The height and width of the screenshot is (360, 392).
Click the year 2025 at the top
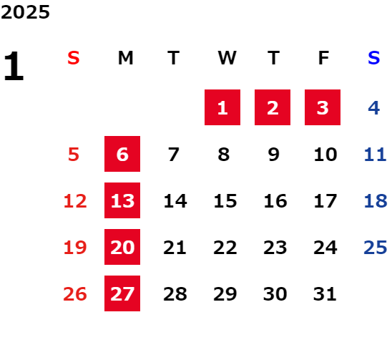(x=25, y=12)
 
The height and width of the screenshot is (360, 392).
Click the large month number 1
(x=14, y=66)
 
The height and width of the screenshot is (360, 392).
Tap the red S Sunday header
(x=74, y=58)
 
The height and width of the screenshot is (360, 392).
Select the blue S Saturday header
(x=373, y=58)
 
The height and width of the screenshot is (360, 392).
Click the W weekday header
(x=227, y=58)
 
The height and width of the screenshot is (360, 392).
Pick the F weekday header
(x=323, y=58)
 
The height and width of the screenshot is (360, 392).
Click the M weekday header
(x=125, y=58)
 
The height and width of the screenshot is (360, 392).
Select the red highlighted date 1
(x=222, y=107)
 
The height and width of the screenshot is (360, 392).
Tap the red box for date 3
(x=323, y=107)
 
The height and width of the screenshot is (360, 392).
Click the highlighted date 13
(x=122, y=200)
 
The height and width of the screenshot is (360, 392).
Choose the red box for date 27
(x=122, y=293)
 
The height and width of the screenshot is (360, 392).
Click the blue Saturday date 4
(x=374, y=108)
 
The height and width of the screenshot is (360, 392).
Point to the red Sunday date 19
(x=75, y=248)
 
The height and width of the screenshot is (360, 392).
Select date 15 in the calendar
(x=225, y=201)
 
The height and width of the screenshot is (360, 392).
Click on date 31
(x=325, y=294)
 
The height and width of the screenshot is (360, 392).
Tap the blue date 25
(x=376, y=248)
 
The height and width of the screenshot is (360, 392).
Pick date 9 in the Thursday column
(x=273, y=155)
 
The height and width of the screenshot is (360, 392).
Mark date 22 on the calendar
(x=225, y=248)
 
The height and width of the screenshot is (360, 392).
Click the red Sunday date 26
(x=75, y=294)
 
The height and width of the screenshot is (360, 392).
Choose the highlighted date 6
(x=122, y=154)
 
